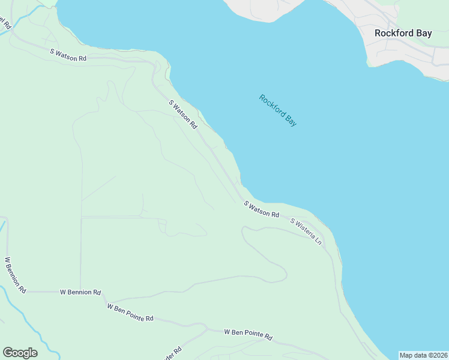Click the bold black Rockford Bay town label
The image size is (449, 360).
[x=403, y=34]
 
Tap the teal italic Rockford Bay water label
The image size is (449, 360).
[x=278, y=110]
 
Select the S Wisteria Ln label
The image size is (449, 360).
[x=307, y=232]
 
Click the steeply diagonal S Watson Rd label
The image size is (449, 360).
[x=183, y=115]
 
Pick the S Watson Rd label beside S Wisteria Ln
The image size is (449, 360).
[x=262, y=209]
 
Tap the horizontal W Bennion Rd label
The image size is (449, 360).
[x=80, y=292]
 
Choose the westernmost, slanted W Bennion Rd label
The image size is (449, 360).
[x=15, y=275]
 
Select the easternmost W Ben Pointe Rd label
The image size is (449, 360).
[x=248, y=334]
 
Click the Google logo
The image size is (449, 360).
[x=20, y=353]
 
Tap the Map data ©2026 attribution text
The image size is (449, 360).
[x=423, y=355]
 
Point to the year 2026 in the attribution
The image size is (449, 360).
[x=438, y=355]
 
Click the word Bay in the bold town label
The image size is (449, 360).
[x=423, y=34]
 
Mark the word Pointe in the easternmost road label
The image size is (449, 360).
[x=251, y=334]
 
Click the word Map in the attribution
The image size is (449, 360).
[x=406, y=355]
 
